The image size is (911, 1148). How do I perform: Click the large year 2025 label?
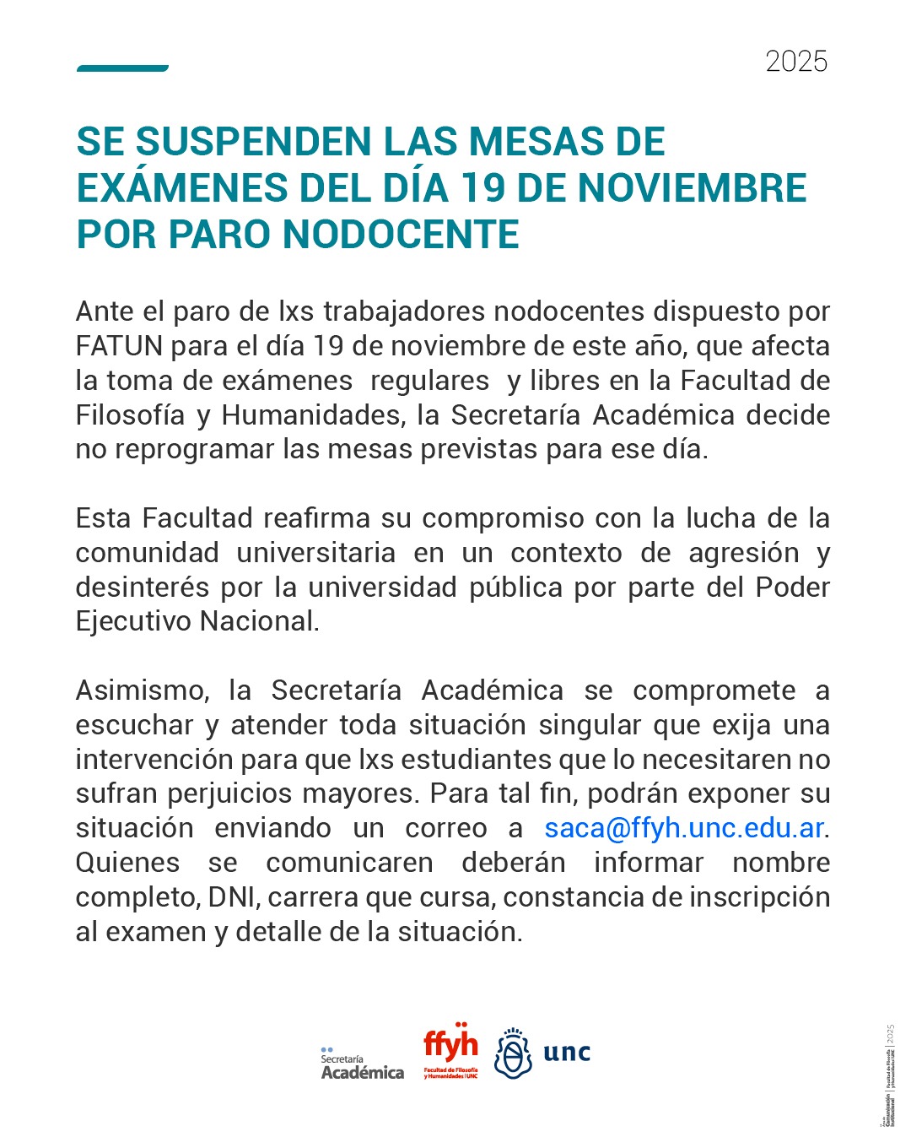pyautogui.click(x=796, y=62)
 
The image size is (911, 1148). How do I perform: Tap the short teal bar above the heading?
pyautogui.click(x=122, y=68)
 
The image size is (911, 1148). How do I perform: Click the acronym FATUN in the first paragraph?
pyautogui.click(x=119, y=346)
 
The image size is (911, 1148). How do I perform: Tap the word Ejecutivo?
pyautogui.click(x=133, y=621)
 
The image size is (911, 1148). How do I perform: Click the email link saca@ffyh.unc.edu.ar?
pyautogui.click(x=683, y=828)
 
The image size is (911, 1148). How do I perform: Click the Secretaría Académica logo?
pyautogui.click(x=362, y=1064)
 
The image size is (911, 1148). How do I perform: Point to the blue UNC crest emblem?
pyautogui.click(x=512, y=1053)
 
